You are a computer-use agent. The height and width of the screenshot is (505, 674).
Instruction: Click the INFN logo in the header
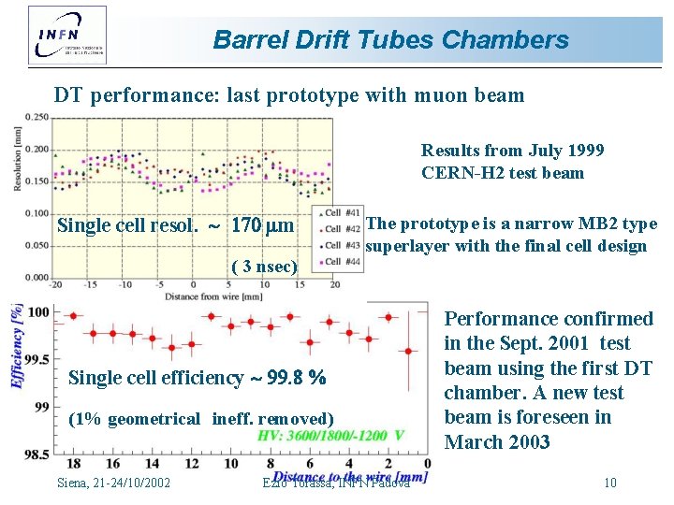67,35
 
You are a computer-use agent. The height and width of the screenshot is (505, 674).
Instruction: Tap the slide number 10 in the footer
609,483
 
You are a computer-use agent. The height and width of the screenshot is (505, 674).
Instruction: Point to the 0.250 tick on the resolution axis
37,116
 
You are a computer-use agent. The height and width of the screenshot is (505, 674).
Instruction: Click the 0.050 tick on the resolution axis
37,245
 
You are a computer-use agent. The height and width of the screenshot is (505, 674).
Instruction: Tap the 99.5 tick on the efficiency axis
37,359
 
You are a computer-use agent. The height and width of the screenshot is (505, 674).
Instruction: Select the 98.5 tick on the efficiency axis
37,454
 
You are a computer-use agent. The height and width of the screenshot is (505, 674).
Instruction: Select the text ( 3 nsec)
264,266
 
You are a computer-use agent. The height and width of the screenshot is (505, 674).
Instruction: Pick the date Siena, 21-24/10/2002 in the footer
113,483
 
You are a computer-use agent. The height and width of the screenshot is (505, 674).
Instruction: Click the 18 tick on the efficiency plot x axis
74,465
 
